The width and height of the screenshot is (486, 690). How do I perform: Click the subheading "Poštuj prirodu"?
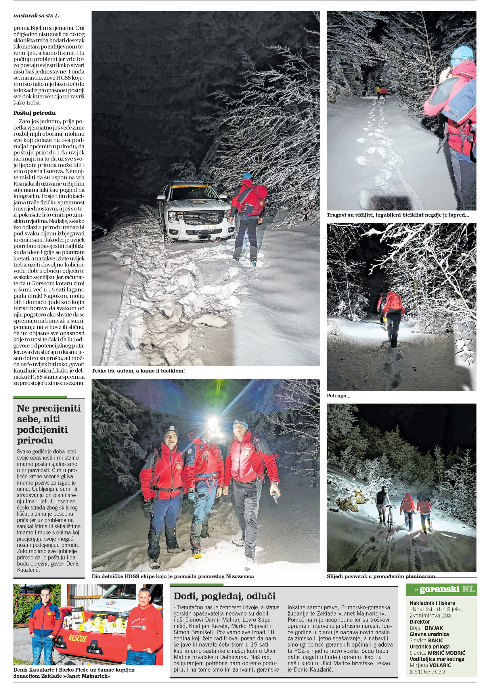click(35, 113)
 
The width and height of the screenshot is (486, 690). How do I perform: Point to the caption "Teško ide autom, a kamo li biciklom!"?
click(138, 371)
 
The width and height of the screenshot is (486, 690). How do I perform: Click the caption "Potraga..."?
click(338, 396)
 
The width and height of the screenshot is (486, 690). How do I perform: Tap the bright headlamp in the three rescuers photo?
click(213, 423)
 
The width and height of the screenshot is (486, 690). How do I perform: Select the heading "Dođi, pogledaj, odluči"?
click(225, 596)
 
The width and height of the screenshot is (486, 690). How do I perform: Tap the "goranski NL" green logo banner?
click(441, 590)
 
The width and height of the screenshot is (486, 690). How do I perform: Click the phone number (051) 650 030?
click(427, 672)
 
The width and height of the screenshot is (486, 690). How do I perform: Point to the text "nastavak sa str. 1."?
click(36, 15)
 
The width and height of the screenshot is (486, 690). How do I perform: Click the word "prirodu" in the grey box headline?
click(31, 440)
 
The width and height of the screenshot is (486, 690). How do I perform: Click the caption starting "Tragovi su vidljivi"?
click(397, 215)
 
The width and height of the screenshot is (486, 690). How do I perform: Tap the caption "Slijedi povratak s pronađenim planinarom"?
click(381, 576)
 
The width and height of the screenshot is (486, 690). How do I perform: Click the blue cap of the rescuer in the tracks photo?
click(462, 53)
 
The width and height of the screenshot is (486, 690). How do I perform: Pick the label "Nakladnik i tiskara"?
click(432, 603)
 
